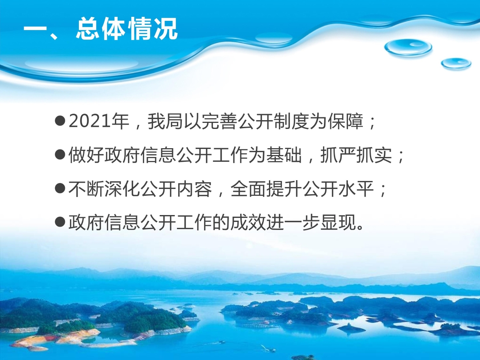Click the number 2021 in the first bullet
pos(89,121)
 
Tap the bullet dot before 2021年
pos(60,121)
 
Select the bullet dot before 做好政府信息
pos(60,155)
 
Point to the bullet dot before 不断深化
pos(60,188)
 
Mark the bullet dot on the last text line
pos(60,222)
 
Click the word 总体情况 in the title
pos(127,29)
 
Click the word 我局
pos(166,121)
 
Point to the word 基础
pos(284,155)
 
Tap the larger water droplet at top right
pos(408,48)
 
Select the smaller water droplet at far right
pos(456,64)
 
